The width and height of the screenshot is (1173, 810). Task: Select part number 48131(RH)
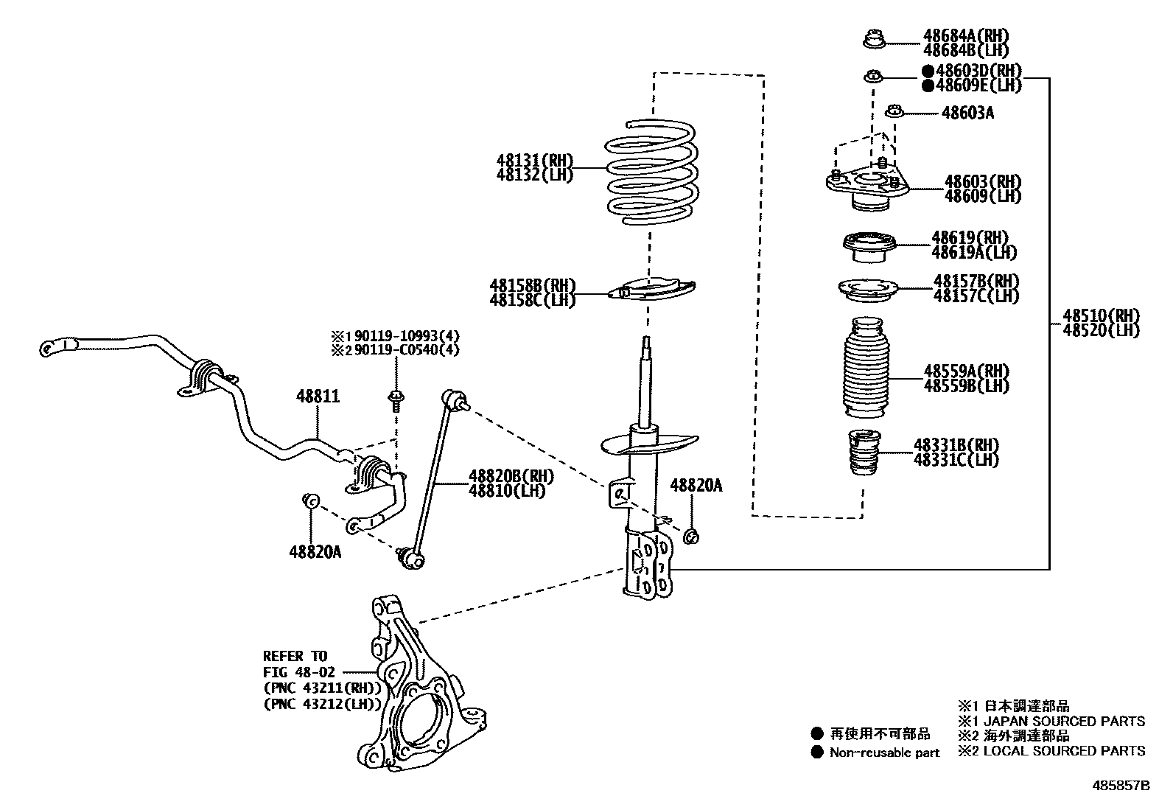(x=534, y=161)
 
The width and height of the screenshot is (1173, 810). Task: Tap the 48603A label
(x=967, y=113)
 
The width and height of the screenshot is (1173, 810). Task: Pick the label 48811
(x=318, y=397)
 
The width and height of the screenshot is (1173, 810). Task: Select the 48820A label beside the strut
(x=696, y=485)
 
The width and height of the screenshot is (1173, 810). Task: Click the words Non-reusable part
(x=884, y=753)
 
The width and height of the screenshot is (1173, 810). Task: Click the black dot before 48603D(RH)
(x=927, y=71)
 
